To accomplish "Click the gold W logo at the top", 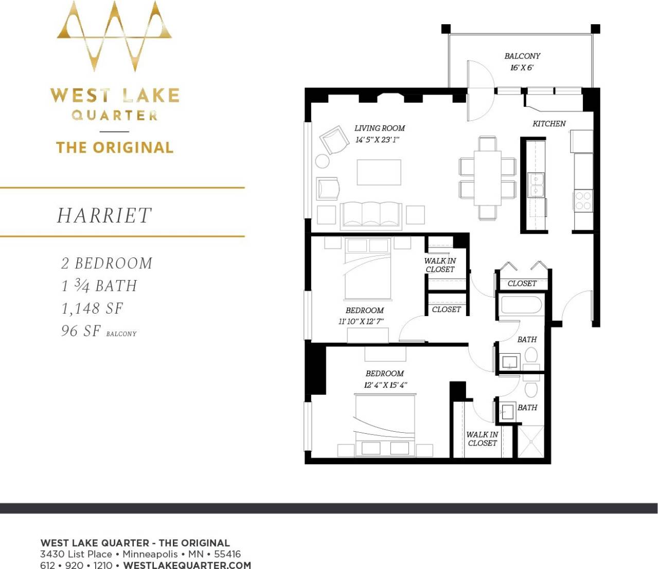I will [x=114, y=36].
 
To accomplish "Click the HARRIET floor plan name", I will [x=104, y=216].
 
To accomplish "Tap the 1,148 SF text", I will [x=92, y=308].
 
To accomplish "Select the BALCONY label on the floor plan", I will [x=522, y=56].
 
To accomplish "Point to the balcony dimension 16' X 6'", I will [x=522, y=68].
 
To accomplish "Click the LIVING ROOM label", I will [x=380, y=129].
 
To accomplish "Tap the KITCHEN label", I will [x=549, y=124].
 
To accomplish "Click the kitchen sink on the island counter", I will [x=536, y=185].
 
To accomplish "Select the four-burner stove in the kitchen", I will [x=583, y=200].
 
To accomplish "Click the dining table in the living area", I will [x=487, y=178].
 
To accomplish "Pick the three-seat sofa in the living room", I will [x=371, y=214].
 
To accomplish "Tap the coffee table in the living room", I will [x=379, y=172].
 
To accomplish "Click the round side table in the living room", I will [x=323, y=161].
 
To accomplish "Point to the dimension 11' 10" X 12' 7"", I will [x=361, y=322].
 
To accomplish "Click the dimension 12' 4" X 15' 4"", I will [x=386, y=385].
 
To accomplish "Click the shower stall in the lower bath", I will [x=530, y=442].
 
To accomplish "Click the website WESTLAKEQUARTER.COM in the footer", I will [x=187, y=565].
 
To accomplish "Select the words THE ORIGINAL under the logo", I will [x=115, y=148].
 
